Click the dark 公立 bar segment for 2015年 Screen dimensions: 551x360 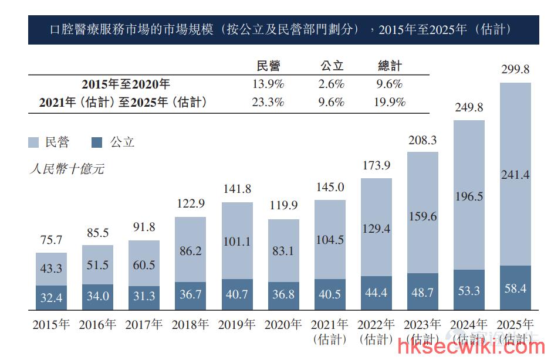(51, 297)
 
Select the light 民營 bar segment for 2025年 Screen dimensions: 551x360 (515, 174)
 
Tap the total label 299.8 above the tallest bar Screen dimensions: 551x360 (515, 69)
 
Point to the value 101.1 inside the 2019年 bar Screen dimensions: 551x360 (237, 242)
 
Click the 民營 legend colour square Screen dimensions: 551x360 (33, 142)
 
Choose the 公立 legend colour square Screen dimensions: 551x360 (97, 142)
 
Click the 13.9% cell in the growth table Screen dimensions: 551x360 (268, 84)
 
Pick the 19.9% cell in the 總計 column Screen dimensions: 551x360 (390, 102)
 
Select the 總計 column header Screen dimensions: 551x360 (390, 66)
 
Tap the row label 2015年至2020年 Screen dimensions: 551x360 (126, 84)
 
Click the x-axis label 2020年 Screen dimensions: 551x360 (283, 324)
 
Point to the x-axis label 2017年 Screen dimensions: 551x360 (144, 324)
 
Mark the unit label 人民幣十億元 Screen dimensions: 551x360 (67, 169)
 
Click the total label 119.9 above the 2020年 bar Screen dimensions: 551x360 (283, 205)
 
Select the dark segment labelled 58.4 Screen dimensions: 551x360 (515, 288)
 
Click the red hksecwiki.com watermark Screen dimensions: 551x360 (471, 347)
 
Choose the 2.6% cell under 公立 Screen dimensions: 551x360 (332, 84)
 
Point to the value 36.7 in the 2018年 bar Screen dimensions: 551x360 (191, 294)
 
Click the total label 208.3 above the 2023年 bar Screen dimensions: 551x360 (422, 140)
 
